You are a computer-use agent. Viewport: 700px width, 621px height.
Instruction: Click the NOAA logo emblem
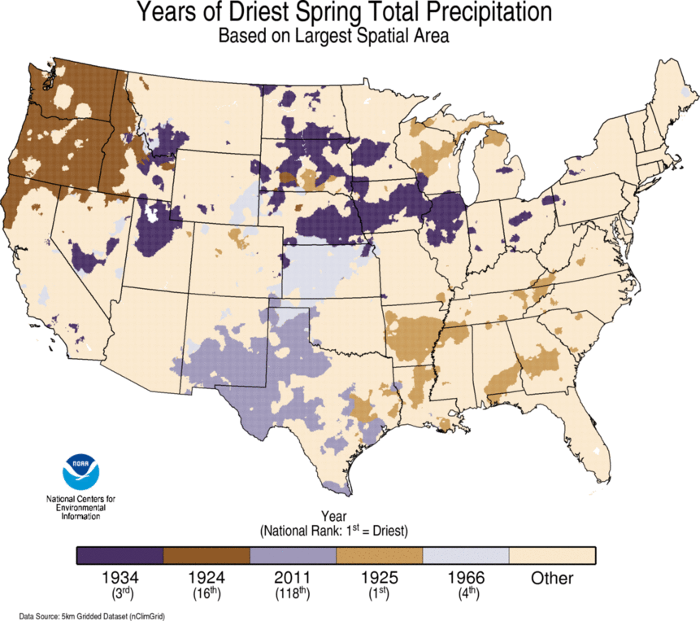click(x=81, y=473)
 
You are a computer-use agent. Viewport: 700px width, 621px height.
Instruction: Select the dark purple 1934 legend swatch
click(x=120, y=555)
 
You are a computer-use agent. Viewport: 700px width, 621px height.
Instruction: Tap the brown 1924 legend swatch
click(x=207, y=555)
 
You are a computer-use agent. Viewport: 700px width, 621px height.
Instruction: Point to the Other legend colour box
click(x=552, y=555)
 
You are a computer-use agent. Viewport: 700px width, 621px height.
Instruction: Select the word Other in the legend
click(x=552, y=579)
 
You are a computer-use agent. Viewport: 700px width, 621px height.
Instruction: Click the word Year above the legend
click(x=334, y=516)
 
